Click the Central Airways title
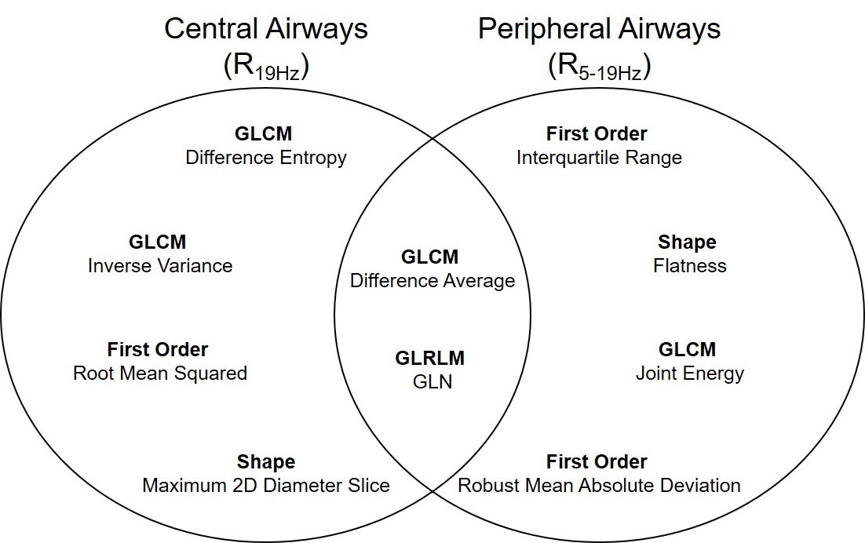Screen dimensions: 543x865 (x=265, y=29)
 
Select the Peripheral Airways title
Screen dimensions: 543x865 (x=599, y=29)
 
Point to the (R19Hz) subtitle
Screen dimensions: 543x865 (x=265, y=67)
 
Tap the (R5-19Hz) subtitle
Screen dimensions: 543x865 (x=599, y=67)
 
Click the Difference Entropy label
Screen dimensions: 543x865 (x=265, y=158)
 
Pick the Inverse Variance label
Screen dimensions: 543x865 (x=160, y=266)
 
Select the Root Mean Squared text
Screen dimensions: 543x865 (x=160, y=374)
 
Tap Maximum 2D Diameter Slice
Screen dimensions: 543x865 (x=265, y=486)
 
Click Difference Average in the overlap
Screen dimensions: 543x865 (x=432, y=281)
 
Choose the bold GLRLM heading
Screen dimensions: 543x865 (x=429, y=359)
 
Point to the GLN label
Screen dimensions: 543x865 (x=432, y=383)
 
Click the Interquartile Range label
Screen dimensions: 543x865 (x=599, y=158)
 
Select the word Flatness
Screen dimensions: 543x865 (x=689, y=266)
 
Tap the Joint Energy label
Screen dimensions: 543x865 (x=689, y=374)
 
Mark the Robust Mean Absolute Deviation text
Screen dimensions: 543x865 (x=599, y=486)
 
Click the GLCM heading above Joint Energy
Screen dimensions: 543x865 (x=687, y=349)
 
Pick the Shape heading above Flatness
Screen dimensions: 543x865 (x=687, y=242)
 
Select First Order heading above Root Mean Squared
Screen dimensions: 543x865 (x=158, y=349)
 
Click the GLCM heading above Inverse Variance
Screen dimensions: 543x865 (x=158, y=242)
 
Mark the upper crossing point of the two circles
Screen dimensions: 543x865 (x=432, y=140)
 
